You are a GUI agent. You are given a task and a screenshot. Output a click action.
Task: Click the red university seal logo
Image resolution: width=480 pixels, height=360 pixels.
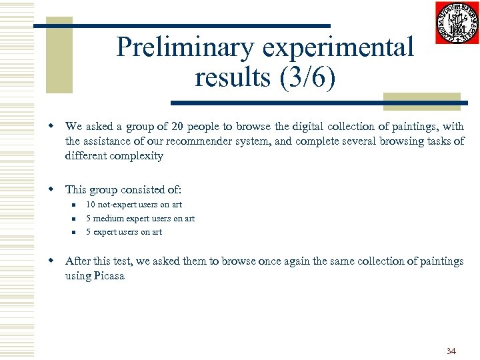coord(457,23)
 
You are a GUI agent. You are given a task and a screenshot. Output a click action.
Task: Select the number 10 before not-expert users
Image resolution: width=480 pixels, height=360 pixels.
coord(91,205)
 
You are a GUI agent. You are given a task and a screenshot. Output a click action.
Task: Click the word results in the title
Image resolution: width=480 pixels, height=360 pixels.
coord(229,77)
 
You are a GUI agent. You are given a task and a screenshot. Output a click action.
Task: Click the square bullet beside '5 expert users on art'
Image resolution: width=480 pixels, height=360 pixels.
coord(76,232)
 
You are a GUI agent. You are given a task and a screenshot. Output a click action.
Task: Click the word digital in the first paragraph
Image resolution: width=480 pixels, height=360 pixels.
coord(294,126)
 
